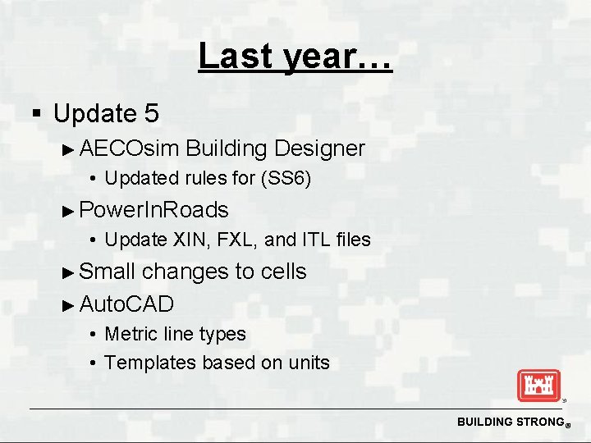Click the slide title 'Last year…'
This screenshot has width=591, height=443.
295,57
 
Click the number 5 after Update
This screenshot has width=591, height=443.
150,112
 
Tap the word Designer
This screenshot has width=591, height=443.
319,148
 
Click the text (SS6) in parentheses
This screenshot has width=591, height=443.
285,179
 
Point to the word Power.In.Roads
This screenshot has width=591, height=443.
154,210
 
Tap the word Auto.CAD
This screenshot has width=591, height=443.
127,304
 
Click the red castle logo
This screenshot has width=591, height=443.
538,386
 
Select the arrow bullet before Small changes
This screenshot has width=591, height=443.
69,272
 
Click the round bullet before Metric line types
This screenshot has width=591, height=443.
95,335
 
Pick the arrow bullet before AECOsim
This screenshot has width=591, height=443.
69,149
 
